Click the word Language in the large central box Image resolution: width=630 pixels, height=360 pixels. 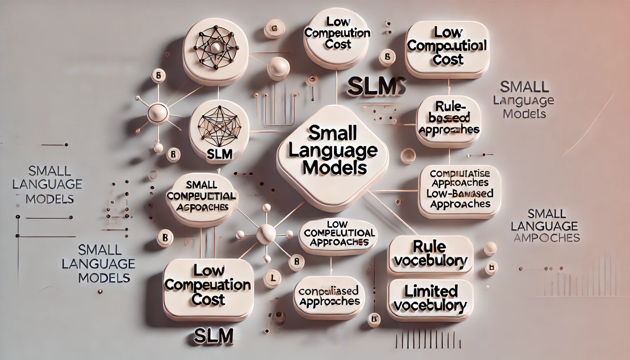(333, 150)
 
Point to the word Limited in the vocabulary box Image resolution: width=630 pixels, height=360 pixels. (431, 291)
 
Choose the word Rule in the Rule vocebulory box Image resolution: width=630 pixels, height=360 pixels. (430, 246)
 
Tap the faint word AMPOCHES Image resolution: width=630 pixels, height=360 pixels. (546, 238)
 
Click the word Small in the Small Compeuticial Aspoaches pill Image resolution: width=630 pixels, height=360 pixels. (201, 185)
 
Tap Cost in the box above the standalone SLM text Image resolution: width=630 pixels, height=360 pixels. (208, 300)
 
